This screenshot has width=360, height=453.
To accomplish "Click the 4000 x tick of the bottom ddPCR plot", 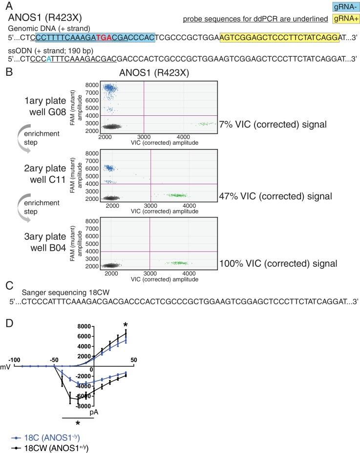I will click(x=189, y=274).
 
